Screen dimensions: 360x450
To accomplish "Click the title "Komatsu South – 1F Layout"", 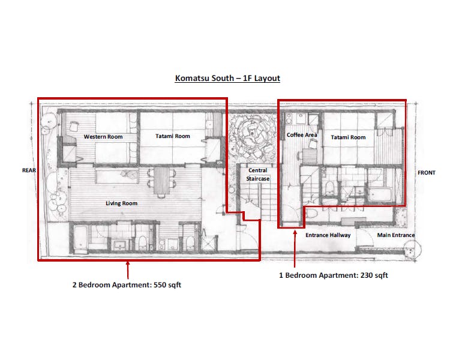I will coord(227,78).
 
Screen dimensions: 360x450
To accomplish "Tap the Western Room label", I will coord(103,136).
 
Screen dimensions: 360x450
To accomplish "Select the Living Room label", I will coord(121,203).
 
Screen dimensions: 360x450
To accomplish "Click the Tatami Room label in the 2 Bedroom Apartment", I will coord(173,136).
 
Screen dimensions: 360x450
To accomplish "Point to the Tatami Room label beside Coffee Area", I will coord(348,137).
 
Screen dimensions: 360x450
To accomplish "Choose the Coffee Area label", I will coord(301,135).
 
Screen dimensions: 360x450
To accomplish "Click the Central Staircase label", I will coord(258,175).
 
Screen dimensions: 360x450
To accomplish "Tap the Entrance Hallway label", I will coord(328,235).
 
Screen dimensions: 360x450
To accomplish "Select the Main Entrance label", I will coord(395,235).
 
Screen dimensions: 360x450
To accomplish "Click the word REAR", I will coord(29,170).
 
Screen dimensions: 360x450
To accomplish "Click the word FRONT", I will coord(426,173).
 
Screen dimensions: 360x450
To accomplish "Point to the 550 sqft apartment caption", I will coord(127,285).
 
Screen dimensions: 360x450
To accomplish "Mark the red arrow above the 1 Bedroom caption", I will coord(295,249).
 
